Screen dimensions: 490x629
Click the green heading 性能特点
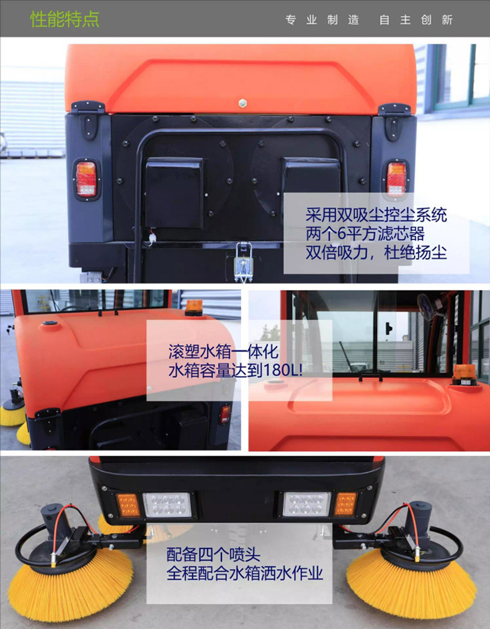(65, 19)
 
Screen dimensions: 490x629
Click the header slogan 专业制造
(322, 20)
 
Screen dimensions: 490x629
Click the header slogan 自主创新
(416, 20)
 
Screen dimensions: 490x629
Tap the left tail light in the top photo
(86, 179)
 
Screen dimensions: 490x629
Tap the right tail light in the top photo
(396, 179)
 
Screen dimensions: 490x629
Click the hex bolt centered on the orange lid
(242, 103)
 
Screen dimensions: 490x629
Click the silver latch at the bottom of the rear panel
(243, 262)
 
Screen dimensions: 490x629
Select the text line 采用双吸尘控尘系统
(376, 215)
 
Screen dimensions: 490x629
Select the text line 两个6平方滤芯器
(365, 234)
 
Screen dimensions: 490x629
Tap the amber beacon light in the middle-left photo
(194, 307)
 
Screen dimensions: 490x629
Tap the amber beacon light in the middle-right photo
(465, 375)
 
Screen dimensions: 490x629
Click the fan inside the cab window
(428, 306)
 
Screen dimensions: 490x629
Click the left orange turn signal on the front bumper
(128, 505)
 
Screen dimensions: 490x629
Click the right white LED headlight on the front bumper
(307, 504)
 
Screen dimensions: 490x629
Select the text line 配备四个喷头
(213, 555)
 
